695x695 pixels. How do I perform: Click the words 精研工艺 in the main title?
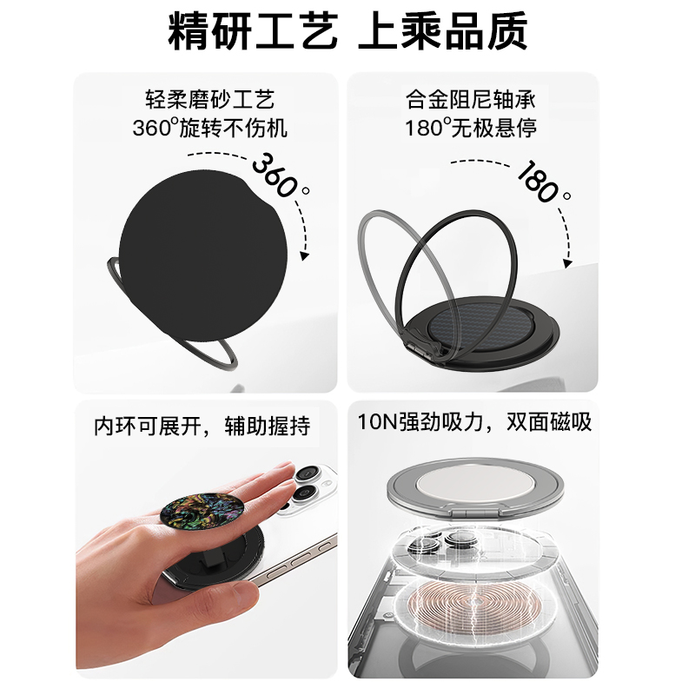click(251, 34)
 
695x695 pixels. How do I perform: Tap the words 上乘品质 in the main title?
click(444, 34)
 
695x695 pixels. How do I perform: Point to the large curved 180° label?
click(543, 182)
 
